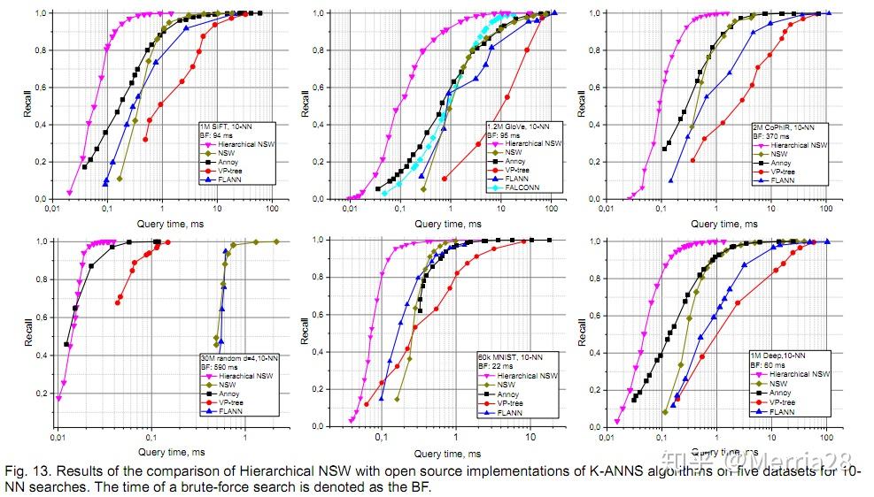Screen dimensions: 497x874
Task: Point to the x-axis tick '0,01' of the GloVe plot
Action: click(351, 209)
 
